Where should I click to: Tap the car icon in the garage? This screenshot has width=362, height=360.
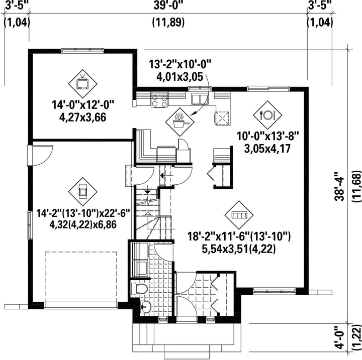click(x=82, y=191)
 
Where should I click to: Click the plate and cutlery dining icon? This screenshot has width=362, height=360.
click(x=266, y=114)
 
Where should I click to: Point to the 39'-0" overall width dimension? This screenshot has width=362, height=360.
click(x=167, y=6)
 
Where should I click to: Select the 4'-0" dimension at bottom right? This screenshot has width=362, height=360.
click(x=341, y=339)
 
